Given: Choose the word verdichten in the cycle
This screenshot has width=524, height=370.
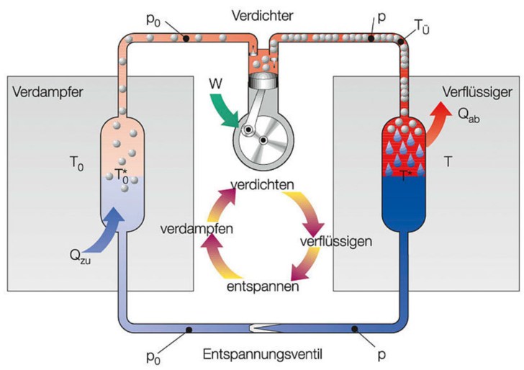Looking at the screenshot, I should (263, 186).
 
